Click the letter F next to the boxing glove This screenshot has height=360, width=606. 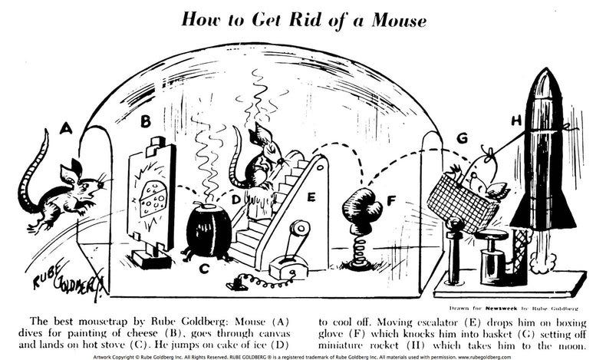(x=390, y=202)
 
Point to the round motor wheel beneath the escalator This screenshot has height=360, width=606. (x=299, y=230)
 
